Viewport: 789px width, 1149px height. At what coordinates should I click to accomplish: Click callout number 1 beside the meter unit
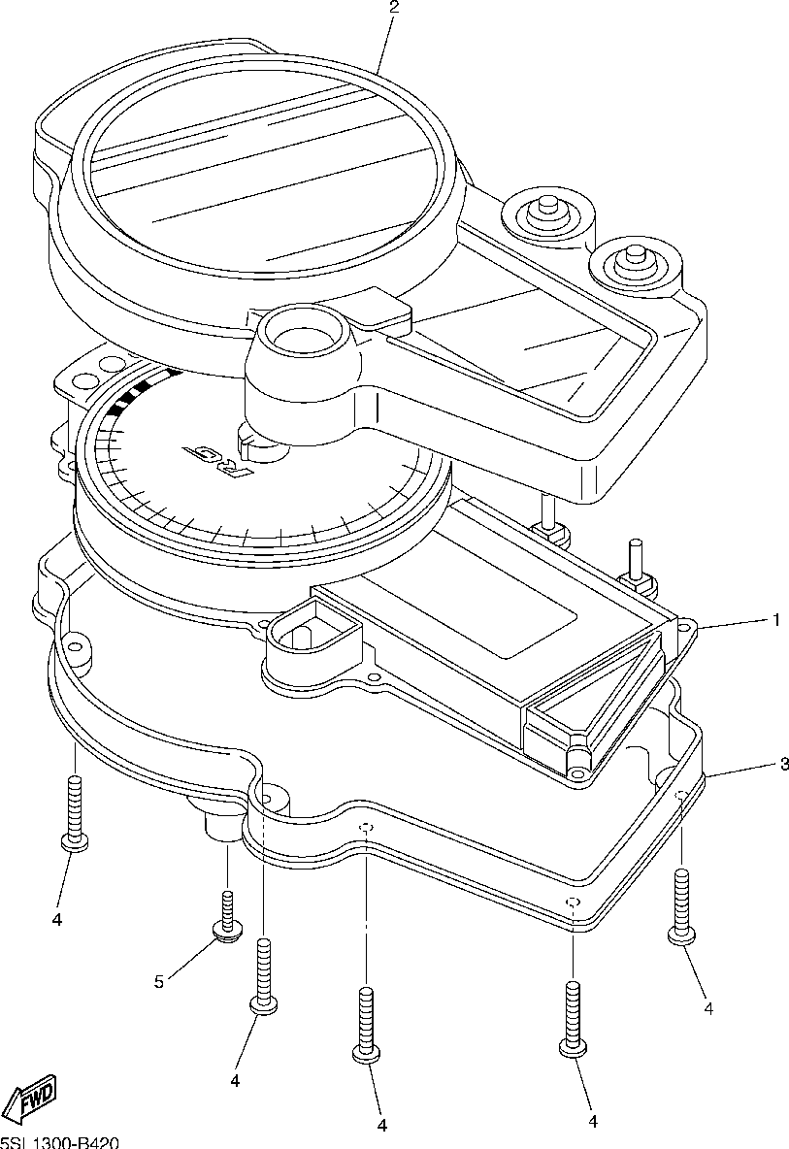click(x=775, y=619)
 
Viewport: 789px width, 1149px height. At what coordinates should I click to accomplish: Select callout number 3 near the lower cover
click(x=783, y=765)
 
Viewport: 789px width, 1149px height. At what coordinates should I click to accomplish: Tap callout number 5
click(x=158, y=982)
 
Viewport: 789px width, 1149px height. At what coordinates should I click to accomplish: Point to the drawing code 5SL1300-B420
click(x=60, y=1142)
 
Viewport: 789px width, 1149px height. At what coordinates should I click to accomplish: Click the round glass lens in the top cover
click(x=262, y=170)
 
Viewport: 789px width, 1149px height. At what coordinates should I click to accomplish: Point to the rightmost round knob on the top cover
click(x=636, y=259)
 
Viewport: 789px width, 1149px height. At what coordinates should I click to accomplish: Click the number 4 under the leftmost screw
click(x=56, y=917)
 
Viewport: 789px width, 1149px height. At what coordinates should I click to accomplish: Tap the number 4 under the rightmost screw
click(x=708, y=1009)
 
